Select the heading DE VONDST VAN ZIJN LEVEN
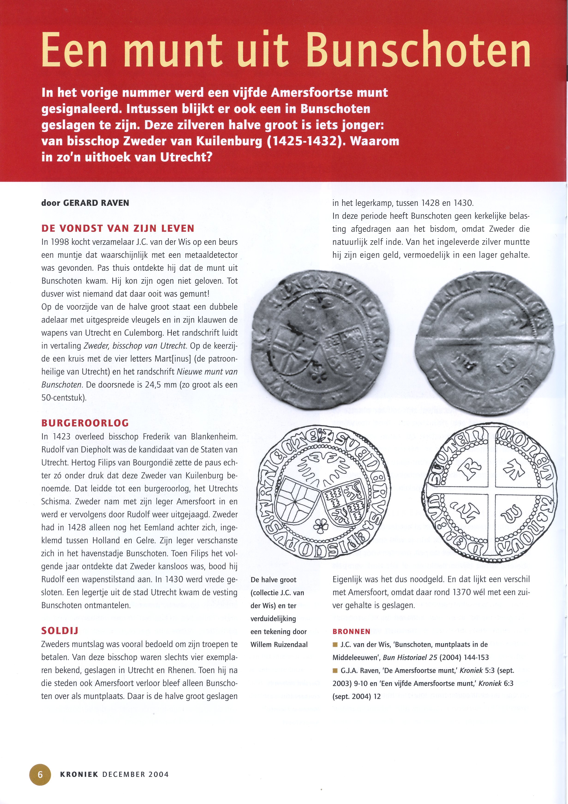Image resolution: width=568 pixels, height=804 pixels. click(x=118, y=229)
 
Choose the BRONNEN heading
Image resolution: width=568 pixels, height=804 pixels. click(x=351, y=631)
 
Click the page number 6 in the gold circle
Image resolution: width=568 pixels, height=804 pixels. click(x=40, y=774)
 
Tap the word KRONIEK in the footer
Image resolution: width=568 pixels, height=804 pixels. click(x=79, y=774)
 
